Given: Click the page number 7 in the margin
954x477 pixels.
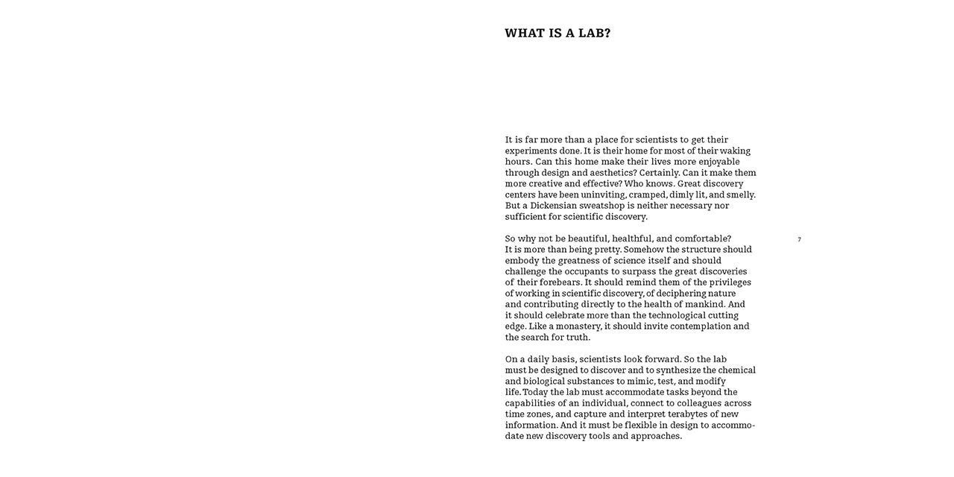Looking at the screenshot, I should pos(799,239).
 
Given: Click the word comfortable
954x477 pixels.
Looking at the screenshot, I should pos(703,238).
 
